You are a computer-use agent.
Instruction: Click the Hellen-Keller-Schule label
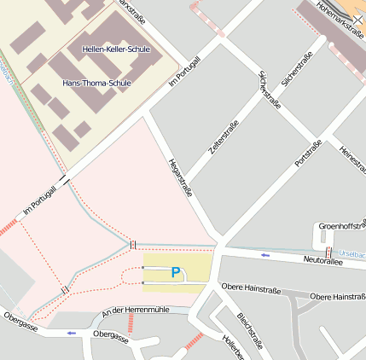116,49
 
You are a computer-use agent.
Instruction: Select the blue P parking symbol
176,273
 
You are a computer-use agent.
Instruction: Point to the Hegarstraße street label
181,177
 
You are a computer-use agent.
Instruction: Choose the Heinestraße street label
351,161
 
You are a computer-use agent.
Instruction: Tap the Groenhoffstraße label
341,226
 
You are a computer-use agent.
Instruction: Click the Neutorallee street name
322,260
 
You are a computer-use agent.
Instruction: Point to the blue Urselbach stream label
351,253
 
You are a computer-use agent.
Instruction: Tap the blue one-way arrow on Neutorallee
265,255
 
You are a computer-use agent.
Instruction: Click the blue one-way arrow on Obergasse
71,332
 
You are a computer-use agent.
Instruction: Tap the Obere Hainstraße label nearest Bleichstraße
250,290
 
